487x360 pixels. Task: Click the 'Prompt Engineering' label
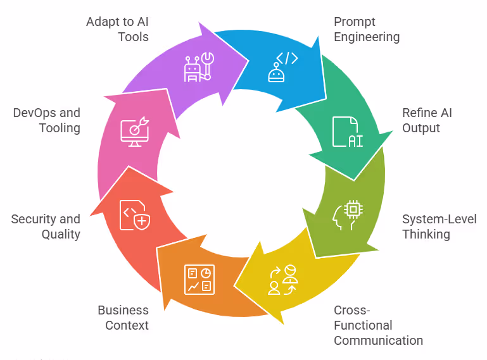pos(367,29)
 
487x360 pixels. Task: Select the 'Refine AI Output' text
pos(427,120)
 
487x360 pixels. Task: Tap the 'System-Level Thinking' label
pos(440,227)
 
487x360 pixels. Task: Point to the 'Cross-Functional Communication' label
pos(378,325)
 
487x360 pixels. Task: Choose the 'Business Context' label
pos(123,318)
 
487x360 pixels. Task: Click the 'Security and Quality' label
pos(46,227)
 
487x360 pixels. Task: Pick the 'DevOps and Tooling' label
pos(47,120)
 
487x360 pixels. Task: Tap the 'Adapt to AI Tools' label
pos(117,29)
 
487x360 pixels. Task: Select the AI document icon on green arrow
pos(347,132)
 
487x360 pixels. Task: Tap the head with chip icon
pos(347,215)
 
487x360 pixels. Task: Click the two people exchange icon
pos(282,279)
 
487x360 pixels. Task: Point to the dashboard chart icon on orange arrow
pos(199,279)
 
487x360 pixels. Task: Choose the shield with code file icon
pos(135,215)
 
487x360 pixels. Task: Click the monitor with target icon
pos(135,132)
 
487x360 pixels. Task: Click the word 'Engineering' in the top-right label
pos(367,37)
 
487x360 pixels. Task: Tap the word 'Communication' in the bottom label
pos(378,340)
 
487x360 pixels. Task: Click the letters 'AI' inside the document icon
pos(355,140)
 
